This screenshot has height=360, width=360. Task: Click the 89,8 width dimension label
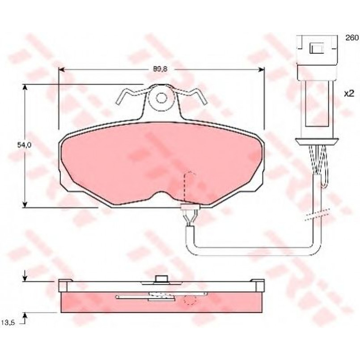tap(160, 69)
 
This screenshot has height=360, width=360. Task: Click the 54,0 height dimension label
tap(24, 145)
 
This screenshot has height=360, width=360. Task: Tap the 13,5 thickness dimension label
tap(8, 322)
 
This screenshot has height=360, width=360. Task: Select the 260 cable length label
tap(352, 38)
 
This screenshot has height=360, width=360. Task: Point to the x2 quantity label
tap(349, 93)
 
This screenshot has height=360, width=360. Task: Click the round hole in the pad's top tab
tap(161, 98)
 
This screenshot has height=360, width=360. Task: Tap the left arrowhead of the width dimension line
tap(62, 70)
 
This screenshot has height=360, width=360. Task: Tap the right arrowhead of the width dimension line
tap(261, 70)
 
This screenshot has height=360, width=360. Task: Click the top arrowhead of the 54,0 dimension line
tap(25, 88)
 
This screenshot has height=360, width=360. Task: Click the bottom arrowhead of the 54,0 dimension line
tap(25, 204)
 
